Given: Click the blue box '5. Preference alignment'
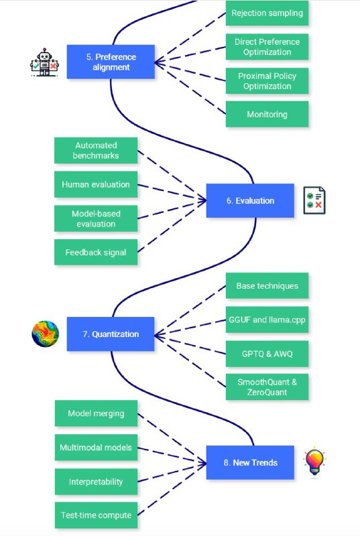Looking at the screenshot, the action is (x=111, y=62).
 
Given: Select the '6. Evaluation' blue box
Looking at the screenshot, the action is (x=250, y=200).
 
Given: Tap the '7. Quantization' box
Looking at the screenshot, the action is (x=111, y=334).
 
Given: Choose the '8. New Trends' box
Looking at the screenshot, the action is (x=250, y=462).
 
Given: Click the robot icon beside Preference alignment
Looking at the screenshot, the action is (x=44, y=62).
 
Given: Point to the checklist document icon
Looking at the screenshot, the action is (x=314, y=200).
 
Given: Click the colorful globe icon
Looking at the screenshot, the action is (x=45, y=334).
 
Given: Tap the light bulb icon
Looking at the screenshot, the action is (x=314, y=462).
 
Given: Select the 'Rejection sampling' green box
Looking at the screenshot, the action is (x=267, y=13).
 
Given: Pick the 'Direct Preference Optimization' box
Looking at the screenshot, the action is (x=267, y=47).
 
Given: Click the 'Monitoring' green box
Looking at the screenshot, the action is (x=267, y=114).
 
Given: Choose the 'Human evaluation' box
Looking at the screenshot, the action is (x=96, y=184).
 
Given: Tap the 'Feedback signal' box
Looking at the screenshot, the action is (x=96, y=253).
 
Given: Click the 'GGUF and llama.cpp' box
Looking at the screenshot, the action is (x=267, y=320).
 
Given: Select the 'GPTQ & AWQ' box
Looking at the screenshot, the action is (x=267, y=354).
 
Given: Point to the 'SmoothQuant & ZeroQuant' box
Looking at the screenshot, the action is (x=267, y=387).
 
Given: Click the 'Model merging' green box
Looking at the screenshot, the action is (x=96, y=413).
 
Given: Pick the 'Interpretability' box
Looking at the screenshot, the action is (x=96, y=482).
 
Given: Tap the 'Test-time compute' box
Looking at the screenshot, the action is (x=96, y=515).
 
